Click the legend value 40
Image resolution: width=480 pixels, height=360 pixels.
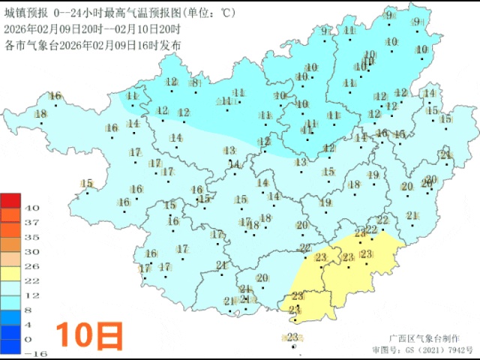pyautogui.click(x=32, y=208)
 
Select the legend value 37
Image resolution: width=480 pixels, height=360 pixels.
pyautogui.click(x=32, y=223)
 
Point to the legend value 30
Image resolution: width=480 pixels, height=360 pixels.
pyautogui.click(x=32, y=251)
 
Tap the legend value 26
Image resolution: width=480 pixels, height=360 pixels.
pyautogui.click(x=32, y=266)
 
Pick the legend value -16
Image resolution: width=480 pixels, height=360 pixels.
pyautogui.click(x=32, y=353)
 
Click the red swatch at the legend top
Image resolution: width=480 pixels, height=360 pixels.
pyautogui.click(x=10, y=200)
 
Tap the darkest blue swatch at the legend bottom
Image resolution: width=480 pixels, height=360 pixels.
pyautogui.click(x=10, y=346)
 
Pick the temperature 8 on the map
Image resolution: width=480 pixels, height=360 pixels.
pyautogui.click(x=195, y=82)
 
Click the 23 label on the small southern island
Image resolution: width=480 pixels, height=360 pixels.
pyautogui.click(x=293, y=337)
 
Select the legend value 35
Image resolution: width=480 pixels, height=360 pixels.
pyautogui.click(x=32, y=237)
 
